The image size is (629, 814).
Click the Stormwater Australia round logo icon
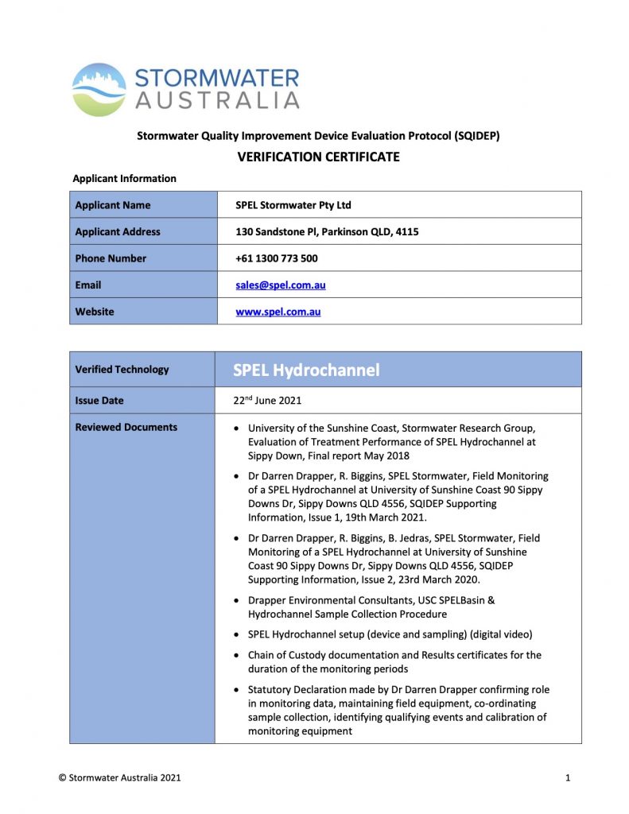pos(99,90)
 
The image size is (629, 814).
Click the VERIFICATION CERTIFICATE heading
pos(318,157)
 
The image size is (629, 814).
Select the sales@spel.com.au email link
pos(280,285)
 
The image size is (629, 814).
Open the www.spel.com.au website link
pos(278,312)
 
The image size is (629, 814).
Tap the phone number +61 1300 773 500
pos(277,258)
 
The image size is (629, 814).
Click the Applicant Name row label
pos(112,205)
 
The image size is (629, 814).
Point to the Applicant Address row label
pos(117,232)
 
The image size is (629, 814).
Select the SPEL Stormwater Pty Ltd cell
pos(293,205)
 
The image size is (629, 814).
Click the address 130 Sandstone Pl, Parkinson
pos(327,232)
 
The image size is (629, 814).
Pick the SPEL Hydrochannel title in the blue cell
pos(306,370)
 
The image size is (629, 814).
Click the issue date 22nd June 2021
pos(268,401)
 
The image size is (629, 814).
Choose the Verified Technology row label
pos(122,370)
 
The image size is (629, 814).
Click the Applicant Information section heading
pos(124,179)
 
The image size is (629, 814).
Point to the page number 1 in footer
pos(568,777)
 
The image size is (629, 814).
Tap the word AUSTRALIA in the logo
pos(216,100)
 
